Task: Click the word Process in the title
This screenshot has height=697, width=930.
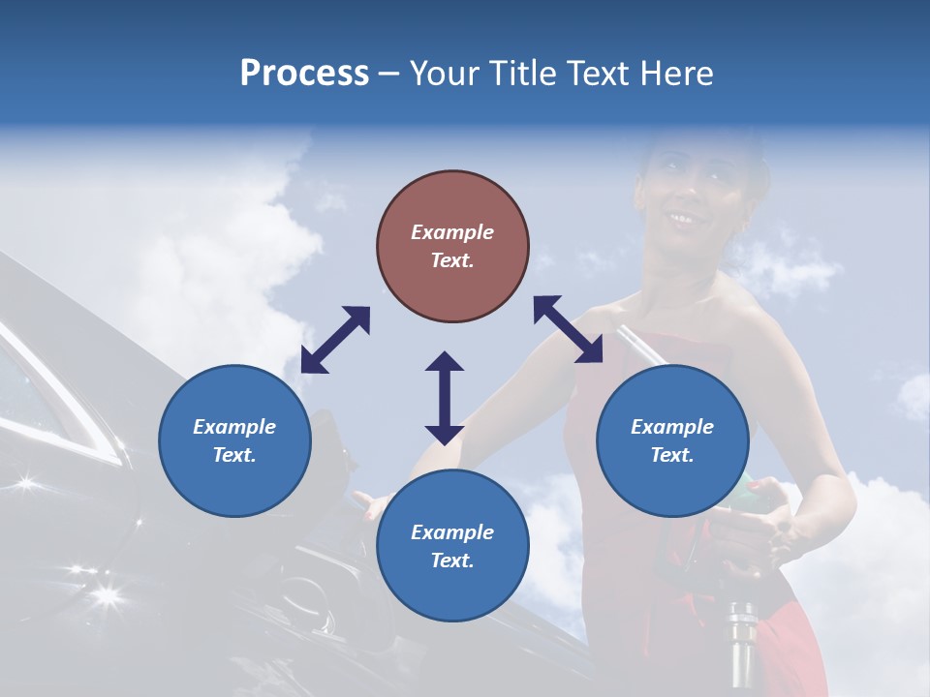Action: pos(304,74)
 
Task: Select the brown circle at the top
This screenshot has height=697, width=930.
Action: pos(452,247)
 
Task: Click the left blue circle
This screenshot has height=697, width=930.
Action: pos(234,440)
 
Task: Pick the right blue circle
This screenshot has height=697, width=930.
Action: pos(672,440)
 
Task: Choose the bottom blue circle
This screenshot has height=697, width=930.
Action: pos(452,546)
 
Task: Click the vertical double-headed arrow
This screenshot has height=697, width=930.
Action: pos(445,398)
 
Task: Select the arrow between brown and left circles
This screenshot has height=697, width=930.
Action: pos(335,340)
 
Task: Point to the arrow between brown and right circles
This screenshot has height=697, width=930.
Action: pos(568,329)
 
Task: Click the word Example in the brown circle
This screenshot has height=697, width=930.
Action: pos(452,232)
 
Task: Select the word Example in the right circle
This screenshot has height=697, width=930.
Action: pos(672,427)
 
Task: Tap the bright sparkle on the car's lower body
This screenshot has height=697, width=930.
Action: pos(105,592)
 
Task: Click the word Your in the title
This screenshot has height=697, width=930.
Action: pos(445,74)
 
